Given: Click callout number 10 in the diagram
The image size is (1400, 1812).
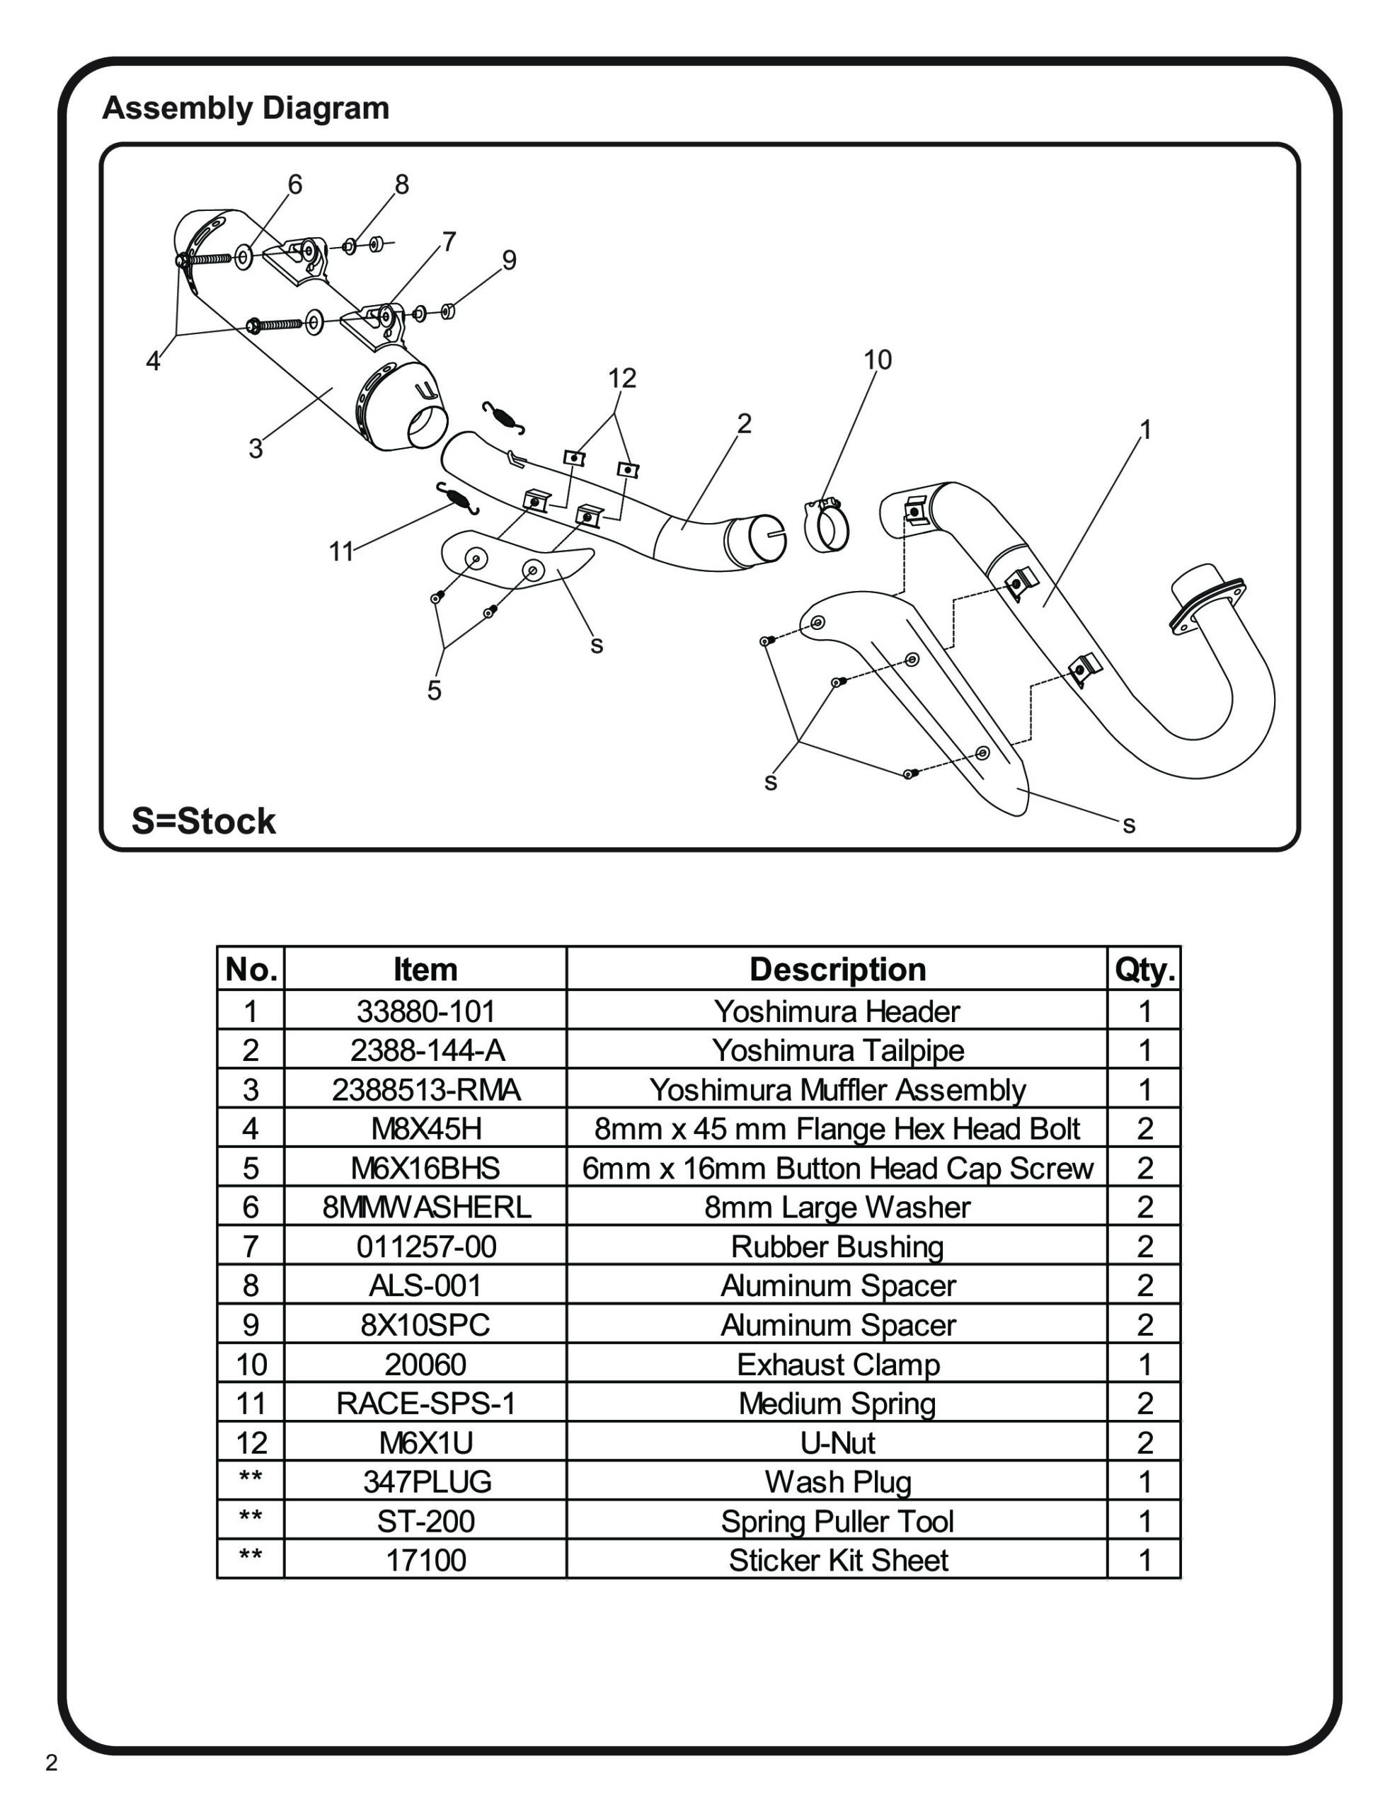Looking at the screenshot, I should click(x=877, y=360).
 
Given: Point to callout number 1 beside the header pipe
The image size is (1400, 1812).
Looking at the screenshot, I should click(x=1145, y=430).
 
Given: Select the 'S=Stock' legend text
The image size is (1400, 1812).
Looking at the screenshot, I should click(x=203, y=821).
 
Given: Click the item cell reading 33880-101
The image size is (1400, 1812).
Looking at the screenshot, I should click(x=425, y=1011).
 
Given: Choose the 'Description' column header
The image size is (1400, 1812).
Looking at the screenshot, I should click(x=837, y=969).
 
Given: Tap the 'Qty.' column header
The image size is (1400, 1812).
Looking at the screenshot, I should click(x=1144, y=969).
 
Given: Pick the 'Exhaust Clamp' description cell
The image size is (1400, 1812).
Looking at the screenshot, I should click(x=837, y=1365).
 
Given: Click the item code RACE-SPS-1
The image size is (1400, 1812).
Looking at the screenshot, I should click(x=425, y=1404).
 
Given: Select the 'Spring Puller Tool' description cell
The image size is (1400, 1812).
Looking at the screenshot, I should click(x=837, y=1522).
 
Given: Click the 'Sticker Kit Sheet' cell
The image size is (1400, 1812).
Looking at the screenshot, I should click(x=837, y=1561).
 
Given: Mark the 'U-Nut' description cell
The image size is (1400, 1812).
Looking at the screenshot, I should click(x=837, y=1443).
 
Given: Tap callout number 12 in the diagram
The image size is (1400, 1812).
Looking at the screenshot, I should click(x=621, y=379).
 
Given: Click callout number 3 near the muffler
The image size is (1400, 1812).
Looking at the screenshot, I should click(x=256, y=449).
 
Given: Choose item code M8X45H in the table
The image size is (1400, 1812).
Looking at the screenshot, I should click(x=425, y=1129).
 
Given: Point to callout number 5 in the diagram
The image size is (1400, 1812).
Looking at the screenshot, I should click(x=434, y=690).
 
